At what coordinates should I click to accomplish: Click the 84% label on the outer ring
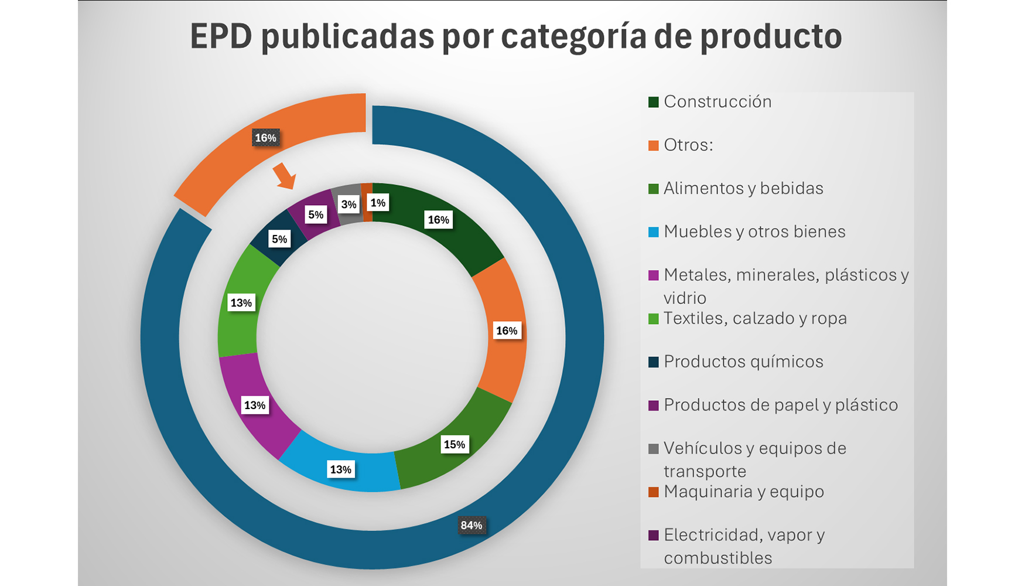[471, 525]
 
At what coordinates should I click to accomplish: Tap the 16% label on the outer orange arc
[265, 138]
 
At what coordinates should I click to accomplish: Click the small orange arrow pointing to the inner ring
[285, 176]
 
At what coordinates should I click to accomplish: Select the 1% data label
[378, 203]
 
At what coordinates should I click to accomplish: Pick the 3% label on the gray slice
[348, 205]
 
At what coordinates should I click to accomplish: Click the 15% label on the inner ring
[454, 444]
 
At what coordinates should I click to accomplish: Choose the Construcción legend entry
[717, 102]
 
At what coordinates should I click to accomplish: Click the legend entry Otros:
[688, 145]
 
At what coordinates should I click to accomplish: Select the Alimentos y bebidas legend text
[743, 189]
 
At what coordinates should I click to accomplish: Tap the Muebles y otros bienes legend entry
[754, 232]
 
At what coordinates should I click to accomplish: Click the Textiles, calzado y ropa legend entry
[754, 319]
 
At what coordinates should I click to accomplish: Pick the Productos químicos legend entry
[743, 362]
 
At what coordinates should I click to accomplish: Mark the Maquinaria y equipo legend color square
[654, 492]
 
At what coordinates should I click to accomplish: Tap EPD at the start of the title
[221, 37]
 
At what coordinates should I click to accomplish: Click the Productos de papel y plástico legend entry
[780, 406]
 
